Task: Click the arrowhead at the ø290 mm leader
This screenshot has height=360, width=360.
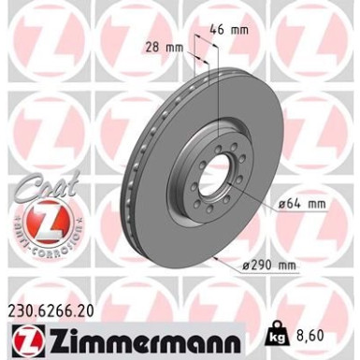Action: [x=218, y=253]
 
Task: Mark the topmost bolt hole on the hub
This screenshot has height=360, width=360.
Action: [x=218, y=134]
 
